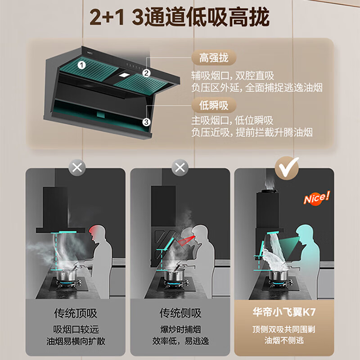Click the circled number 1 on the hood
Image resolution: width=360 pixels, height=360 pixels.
point(81,65)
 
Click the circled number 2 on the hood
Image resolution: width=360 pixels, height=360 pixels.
point(146,73)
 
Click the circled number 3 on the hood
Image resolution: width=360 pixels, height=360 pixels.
point(146,122)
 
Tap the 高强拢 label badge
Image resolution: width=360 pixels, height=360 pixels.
point(214,58)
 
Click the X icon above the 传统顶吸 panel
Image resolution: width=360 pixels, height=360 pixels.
point(77,168)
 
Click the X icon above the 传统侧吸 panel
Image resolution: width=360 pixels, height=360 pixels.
point(180,168)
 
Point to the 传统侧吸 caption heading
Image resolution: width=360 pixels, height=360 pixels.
point(180,313)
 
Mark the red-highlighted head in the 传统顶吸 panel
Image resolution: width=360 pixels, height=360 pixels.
point(98,234)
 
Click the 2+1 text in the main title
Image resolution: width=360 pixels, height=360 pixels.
point(107,18)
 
